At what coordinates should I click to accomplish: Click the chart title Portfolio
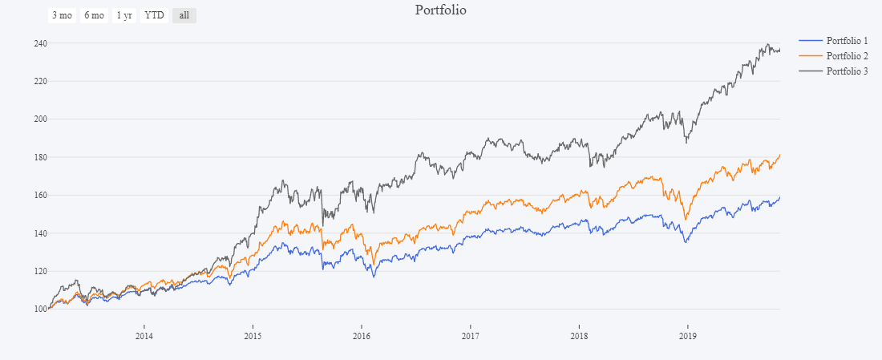coord(440,10)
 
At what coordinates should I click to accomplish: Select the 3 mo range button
coord(62,15)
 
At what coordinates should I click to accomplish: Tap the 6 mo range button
coord(94,15)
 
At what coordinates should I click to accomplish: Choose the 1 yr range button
coord(124,15)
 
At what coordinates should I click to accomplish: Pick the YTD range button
coord(154,15)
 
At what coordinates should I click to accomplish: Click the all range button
coord(184,15)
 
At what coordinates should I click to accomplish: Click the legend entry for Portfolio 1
coord(847,40)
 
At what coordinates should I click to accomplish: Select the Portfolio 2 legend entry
coord(847,55)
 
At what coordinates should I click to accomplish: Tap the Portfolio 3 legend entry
coord(847,71)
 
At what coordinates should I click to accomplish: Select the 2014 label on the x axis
coord(144,335)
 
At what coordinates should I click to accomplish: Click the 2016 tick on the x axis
coord(362,335)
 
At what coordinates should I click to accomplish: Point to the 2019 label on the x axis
coord(687,335)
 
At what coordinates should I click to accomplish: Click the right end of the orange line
coord(779,155)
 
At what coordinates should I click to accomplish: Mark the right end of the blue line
coord(779,197)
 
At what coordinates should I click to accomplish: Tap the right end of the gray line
coord(779,50)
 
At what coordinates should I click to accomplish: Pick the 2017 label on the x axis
coord(471,335)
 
